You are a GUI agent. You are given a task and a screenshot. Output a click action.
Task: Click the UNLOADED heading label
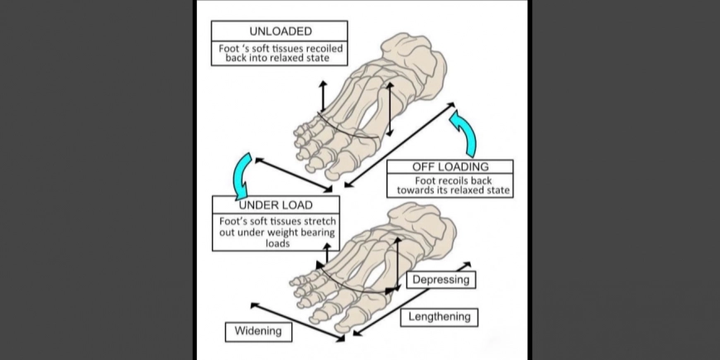pyautogui.click(x=280, y=31)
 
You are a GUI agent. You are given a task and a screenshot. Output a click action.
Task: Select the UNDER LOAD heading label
pyautogui.click(x=276, y=204)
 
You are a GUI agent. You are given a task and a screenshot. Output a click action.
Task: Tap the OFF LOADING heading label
pyautogui.click(x=450, y=166)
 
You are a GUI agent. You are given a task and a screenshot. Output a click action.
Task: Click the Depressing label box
pyautogui.click(x=441, y=280)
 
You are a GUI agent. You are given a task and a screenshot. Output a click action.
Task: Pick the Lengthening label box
pyautogui.click(x=439, y=316)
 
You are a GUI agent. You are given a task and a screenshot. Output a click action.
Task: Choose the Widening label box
pyautogui.click(x=257, y=331)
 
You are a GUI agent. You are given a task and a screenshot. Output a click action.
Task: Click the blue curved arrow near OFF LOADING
pyautogui.click(x=464, y=133)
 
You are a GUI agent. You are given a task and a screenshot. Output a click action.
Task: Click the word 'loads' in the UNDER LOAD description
pyautogui.click(x=276, y=244)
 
